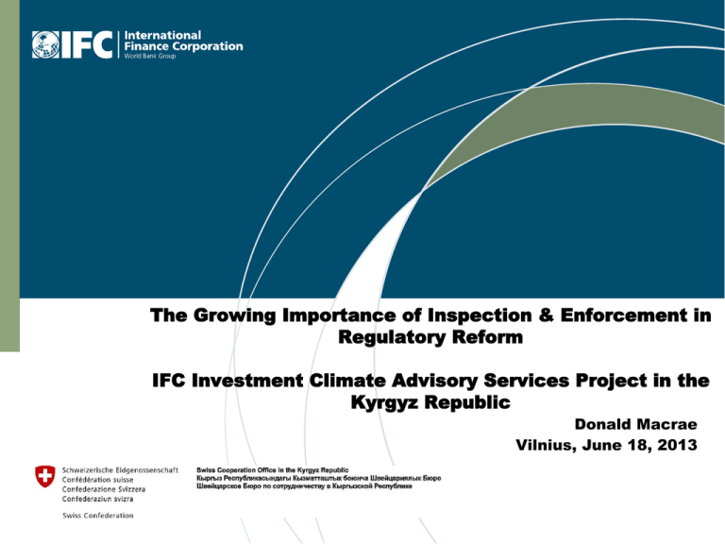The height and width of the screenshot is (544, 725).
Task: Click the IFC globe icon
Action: pos(45,45)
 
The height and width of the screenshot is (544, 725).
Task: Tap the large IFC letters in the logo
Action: pos(87,45)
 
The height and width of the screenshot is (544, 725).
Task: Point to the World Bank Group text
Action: pos(150,56)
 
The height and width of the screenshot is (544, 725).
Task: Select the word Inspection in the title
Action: pos(480,315)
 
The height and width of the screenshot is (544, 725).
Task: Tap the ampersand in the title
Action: pos(546,315)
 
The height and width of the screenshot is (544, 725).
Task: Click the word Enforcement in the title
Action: pos(624,315)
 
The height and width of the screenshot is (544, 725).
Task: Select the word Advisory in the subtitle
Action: pos(434,382)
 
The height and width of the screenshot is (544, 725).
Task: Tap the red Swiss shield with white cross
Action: pos(45,476)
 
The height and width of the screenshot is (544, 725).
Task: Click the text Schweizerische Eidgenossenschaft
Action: pos(120,470)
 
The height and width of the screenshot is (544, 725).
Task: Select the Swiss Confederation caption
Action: pos(98,516)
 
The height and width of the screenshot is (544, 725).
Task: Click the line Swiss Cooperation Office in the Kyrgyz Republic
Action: pos(272,470)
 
